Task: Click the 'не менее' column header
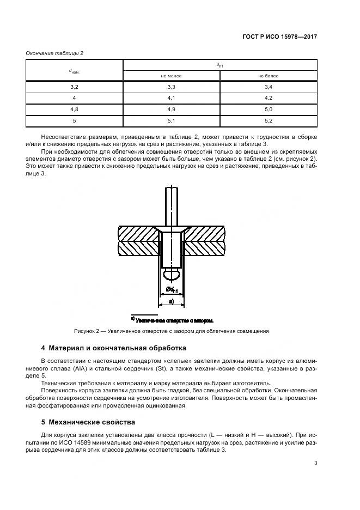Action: tap(171, 76)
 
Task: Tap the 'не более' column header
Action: tap(268, 76)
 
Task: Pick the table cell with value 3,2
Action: tap(75, 87)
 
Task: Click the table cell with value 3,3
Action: tap(171, 87)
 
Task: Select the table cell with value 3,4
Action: tap(268, 87)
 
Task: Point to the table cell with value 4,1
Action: tap(171, 98)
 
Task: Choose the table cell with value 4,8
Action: tap(75, 110)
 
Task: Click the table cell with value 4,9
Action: tap(171, 110)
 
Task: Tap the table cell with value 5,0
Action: tap(268, 110)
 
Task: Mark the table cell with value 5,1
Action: tap(171, 121)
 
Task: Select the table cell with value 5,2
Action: tap(268, 121)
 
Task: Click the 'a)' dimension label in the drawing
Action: tap(171, 300)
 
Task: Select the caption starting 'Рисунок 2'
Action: tap(171, 331)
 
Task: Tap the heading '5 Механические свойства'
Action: tap(88, 422)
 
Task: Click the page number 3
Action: tap(315, 463)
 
